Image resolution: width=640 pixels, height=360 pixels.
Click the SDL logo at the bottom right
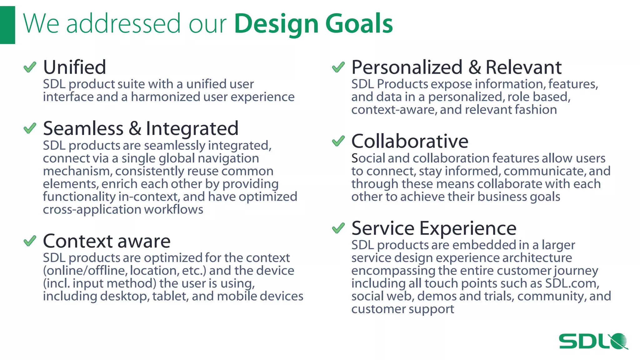pyautogui.click(x=593, y=341)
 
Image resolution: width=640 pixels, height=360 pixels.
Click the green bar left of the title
pyautogui.click(x=7, y=25)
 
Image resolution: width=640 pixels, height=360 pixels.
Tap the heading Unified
pyautogui.click(x=74, y=67)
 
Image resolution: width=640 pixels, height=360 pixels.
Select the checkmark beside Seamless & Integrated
pyautogui.click(x=30, y=128)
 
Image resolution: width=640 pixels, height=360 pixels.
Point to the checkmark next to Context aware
pyautogui.click(x=30, y=241)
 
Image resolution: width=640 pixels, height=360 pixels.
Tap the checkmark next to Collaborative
pyautogui.click(x=338, y=141)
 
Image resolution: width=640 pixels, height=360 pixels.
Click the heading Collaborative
pyautogui.click(x=410, y=141)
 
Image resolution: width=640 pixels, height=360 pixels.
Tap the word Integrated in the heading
pyautogui.click(x=192, y=128)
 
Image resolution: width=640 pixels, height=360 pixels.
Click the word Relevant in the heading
pyautogui.click(x=523, y=67)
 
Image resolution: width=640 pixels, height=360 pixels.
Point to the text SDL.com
pyautogui.click(x=572, y=283)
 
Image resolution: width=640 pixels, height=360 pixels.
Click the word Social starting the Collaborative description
pyautogui.click(x=368, y=158)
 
